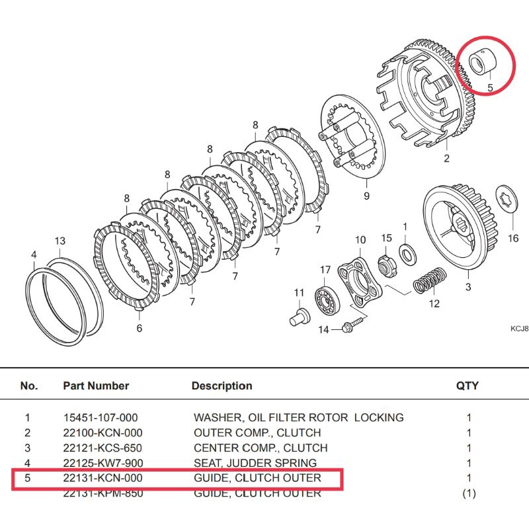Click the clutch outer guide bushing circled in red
481,64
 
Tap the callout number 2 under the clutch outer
446,158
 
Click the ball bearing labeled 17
325,293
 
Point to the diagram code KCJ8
519,328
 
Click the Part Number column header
96,386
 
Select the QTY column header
468,386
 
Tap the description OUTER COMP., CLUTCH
257,433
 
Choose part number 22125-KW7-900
102,463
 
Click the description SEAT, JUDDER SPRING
255,463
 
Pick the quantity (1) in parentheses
468,493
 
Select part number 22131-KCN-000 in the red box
102,478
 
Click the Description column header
222,386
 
